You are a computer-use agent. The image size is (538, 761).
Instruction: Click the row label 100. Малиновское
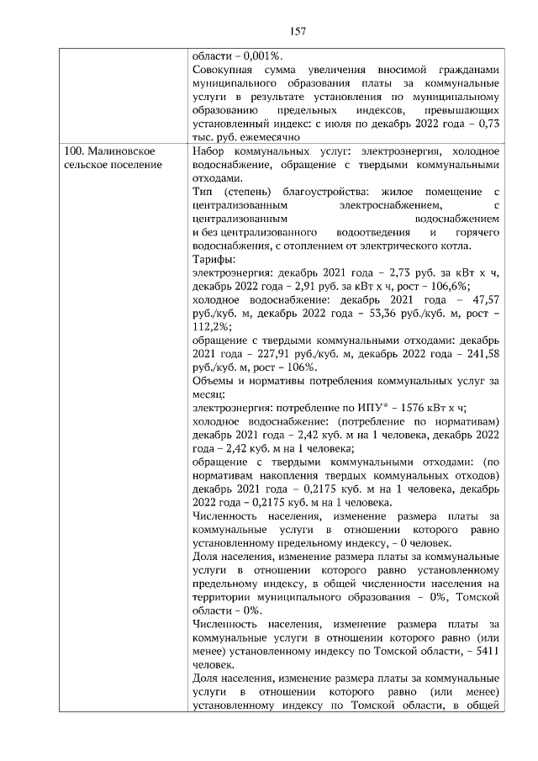pyautogui.click(x=106, y=151)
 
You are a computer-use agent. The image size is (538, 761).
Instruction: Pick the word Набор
pyautogui.click(x=208, y=151)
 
